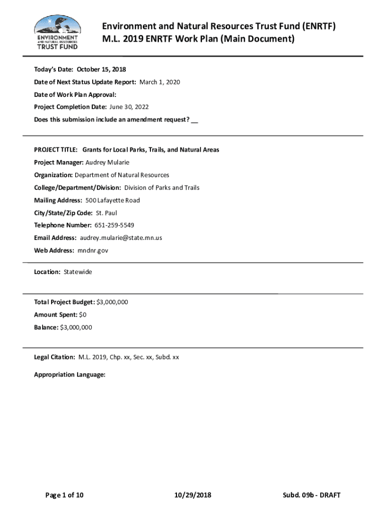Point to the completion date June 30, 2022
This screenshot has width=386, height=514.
coord(129,107)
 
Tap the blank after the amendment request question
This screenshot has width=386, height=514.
coord(195,119)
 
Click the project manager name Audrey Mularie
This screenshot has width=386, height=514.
coord(107,163)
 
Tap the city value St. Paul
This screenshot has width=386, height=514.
coord(106,213)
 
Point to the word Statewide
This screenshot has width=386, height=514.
coord(78,272)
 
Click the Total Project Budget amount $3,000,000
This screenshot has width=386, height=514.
coord(112,302)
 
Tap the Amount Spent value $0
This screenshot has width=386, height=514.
coord(83,315)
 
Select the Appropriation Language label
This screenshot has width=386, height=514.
coord(70,374)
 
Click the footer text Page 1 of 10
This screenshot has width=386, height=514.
coord(64,495)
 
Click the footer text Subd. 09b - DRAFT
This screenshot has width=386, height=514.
coord(311,495)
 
